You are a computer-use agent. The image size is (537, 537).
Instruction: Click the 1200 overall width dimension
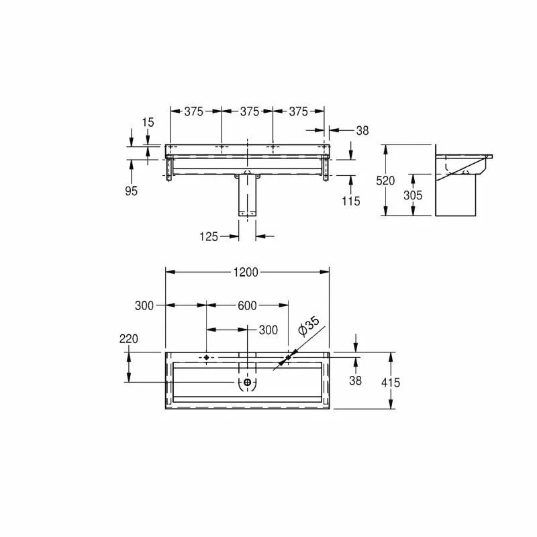coord(246,273)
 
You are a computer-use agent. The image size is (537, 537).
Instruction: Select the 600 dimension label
coord(247,305)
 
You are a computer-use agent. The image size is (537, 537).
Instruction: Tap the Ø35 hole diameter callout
coord(309,326)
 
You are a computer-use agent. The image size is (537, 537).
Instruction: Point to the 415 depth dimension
coord(391,382)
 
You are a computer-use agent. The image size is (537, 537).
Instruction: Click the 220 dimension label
coord(129,339)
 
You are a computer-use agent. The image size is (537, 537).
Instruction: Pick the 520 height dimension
coord(385,181)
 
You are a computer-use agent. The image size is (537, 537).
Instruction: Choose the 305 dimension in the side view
coord(413,195)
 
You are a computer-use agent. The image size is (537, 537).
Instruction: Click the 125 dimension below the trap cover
coord(209,236)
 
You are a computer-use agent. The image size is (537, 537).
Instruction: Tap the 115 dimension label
coord(350,201)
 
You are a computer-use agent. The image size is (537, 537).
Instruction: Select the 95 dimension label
coord(131,191)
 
